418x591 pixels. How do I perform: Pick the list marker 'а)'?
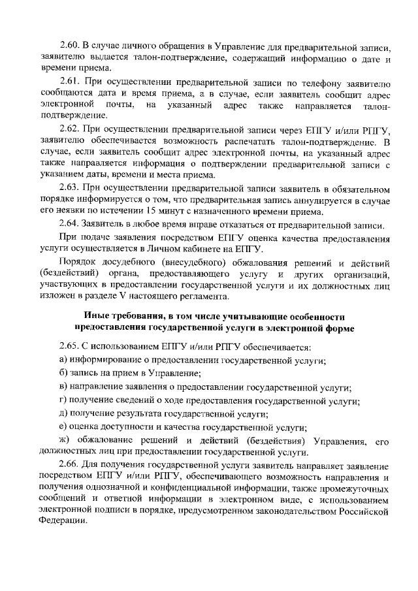pyautogui.click(x=63, y=360)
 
